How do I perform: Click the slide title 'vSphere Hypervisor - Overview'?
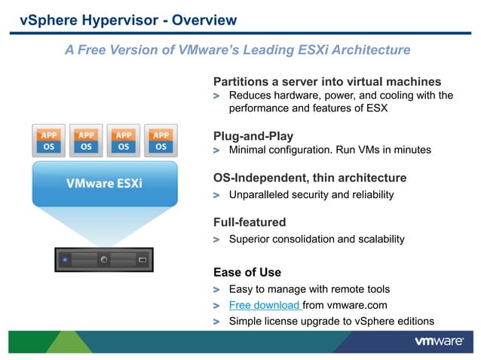[127, 20]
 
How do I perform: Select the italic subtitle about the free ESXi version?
[237, 50]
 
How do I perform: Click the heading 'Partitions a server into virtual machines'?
[327, 81]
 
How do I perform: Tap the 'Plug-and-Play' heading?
[253, 136]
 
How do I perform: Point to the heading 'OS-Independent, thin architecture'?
[310, 178]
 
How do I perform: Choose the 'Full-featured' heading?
[250, 222]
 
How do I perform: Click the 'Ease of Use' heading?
[247, 273]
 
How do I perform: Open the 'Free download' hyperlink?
[265, 306]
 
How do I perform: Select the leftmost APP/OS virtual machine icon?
[49, 140]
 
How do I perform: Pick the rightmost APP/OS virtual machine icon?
[160, 140]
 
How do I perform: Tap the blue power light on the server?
[65, 261]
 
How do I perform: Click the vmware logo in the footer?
[438, 342]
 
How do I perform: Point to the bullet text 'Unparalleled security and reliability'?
[311, 195]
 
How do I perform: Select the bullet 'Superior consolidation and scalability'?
[316, 239]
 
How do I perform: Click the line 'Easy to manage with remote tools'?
[309, 289]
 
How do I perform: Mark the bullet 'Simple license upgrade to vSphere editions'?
[331, 322]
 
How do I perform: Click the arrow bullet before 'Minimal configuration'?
[217, 151]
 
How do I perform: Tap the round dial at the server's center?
[105, 260]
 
